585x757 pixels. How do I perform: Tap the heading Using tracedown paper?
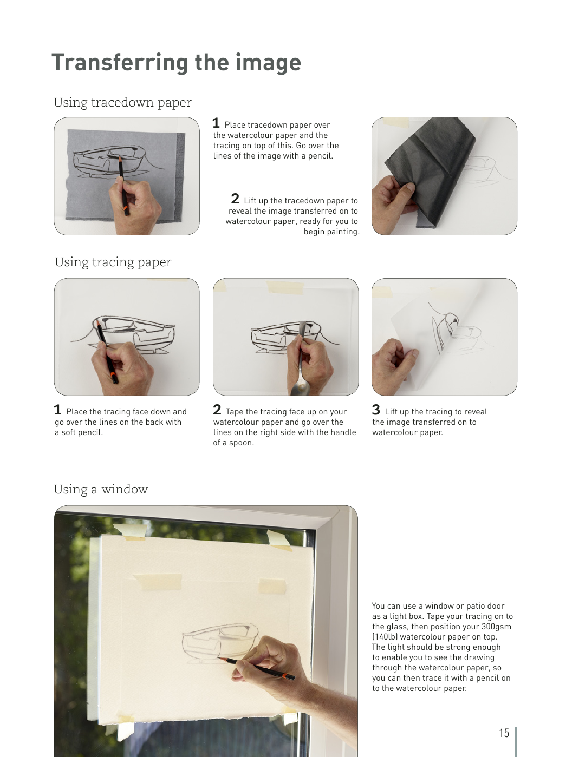click(x=123, y=102)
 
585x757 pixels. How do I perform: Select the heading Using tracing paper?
click(x=113, y=262)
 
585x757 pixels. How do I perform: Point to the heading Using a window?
click(x=101, y=489)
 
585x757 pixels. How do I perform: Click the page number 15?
click(x=504, y=733)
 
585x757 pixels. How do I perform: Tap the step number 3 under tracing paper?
click(x=376, y=410)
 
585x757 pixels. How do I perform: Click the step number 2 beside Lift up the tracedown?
click(x=235, y=199)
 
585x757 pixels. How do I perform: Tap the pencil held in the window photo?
click(x=257, y=667)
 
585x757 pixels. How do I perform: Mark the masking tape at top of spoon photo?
click(x=285, y=287)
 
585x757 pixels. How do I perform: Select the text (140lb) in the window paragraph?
click(x=385, y=637)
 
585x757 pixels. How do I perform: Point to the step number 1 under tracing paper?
click(x=57, y=410)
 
